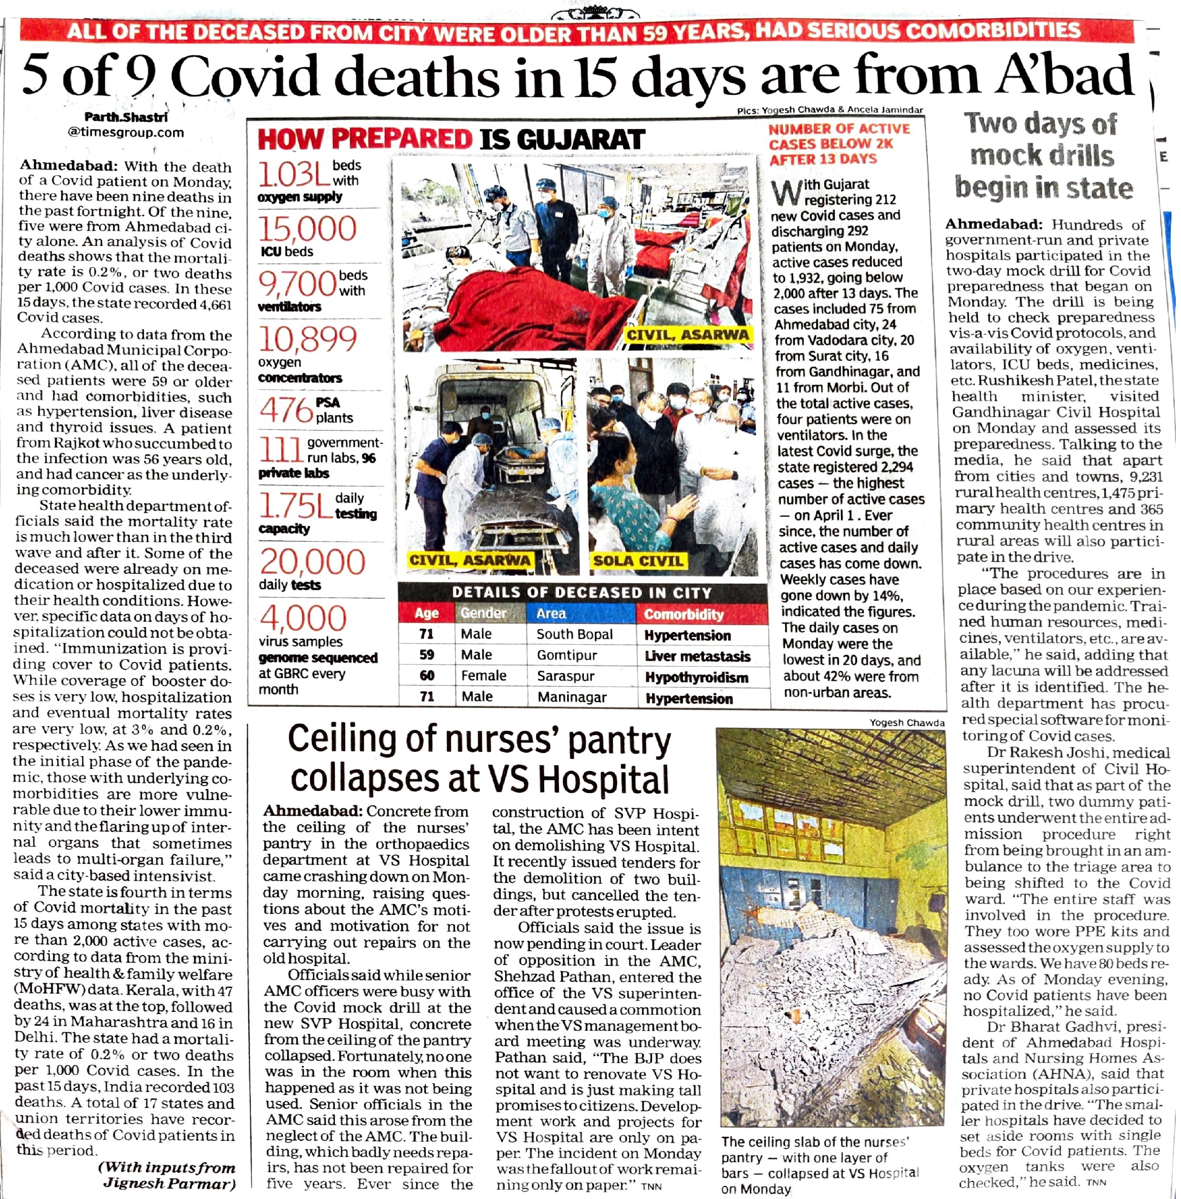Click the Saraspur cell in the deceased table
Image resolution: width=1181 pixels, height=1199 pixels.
point(565,676)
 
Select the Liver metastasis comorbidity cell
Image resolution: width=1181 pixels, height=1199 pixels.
point(697,656)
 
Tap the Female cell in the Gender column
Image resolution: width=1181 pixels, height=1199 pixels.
point(483,676)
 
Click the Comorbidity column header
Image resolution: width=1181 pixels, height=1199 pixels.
point(684,614)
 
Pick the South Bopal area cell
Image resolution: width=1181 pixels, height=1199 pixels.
point(574,634)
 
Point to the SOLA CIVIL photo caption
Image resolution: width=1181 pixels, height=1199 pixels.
point(638,561)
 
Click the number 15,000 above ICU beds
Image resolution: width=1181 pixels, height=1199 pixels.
point(307,228)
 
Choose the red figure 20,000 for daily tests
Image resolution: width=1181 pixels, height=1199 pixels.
point(312,562)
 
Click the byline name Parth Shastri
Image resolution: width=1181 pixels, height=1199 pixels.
point(126,116)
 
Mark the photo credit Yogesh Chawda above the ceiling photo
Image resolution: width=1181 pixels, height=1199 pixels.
point(906,722)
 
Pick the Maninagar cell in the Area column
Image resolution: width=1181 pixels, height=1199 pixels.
point(571,697)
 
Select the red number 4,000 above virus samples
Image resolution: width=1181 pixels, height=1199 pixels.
point(303,618)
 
